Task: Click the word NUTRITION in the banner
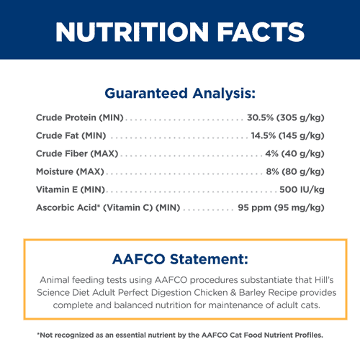132,32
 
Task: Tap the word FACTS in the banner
261,32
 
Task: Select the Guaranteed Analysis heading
180,94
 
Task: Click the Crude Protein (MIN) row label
80,117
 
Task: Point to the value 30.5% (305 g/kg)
286,117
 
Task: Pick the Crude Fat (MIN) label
71,135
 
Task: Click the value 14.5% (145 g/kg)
288,135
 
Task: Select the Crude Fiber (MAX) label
77,153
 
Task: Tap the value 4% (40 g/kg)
294,153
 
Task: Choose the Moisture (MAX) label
70,171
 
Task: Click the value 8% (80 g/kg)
295,171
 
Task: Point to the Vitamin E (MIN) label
71,189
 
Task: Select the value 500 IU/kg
302,189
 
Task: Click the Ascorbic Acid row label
108,207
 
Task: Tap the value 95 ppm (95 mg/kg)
281,207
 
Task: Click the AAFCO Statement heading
180,259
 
